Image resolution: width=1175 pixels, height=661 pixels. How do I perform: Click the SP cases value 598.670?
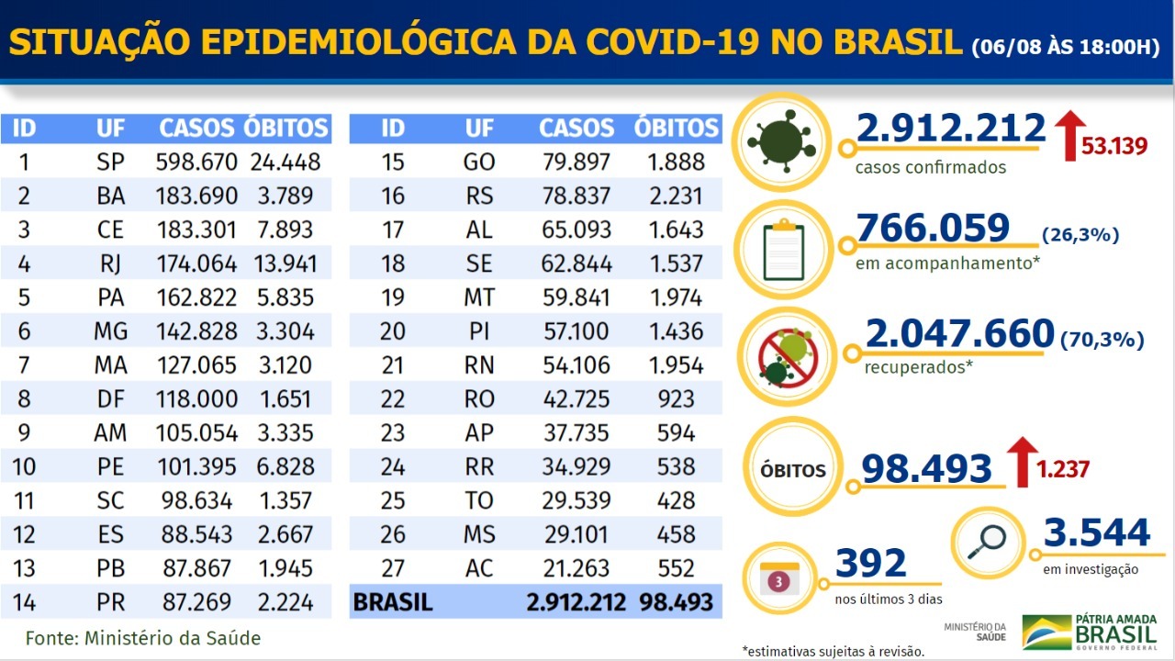click(198, 162)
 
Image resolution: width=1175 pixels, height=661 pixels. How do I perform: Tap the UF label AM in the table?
click(110, 433)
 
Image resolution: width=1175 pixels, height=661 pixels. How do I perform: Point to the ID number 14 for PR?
click(25, 603)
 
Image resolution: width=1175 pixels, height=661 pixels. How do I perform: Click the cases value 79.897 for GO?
click(574, 162)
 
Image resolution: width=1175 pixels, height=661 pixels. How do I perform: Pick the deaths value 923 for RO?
click(677, 399)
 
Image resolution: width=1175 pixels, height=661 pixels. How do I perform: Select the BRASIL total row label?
click(393, 603)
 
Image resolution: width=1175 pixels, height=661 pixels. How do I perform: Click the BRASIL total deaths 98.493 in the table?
click(670, 603)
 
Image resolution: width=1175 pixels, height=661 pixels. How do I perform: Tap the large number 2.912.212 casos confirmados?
click(951, 129)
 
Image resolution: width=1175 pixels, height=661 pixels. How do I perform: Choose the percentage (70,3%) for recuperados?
click(1102, 341)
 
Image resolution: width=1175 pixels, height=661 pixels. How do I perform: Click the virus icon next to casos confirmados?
click(781, 141)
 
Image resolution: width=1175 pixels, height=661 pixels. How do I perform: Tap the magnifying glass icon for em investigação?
click(987, 542)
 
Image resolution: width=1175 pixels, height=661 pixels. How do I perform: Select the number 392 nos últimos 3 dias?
click(870, 563)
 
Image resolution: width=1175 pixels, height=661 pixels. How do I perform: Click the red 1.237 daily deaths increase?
click(1063, 470)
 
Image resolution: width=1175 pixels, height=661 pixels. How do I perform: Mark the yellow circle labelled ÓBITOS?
click(793, 471)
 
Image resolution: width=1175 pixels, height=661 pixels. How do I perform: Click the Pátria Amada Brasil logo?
click(1091, 633)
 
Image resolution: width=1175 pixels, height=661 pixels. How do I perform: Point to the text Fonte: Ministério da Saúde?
click(142, 638)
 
